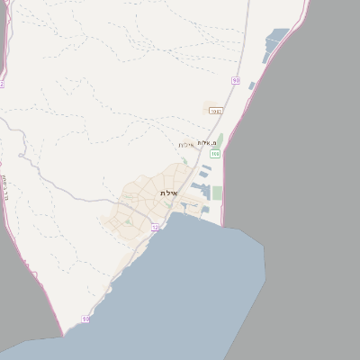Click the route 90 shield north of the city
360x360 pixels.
click(236, 80)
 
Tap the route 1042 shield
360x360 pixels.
click(215, 111)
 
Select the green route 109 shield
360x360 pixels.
click(216, 155)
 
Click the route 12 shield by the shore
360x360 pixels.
click(155, 227)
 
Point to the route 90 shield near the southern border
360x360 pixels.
click(85, 319)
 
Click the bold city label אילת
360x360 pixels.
click(168, 193)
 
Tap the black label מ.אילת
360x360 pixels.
click(208, 143)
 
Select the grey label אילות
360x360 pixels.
click(186, 145)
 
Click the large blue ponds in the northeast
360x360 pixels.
click(274, 45)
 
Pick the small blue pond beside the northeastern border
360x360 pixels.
click(252, 86)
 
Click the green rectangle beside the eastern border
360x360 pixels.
click(217, 193)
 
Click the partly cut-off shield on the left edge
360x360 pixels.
click(2, 84)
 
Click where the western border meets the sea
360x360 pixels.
click(63, 336)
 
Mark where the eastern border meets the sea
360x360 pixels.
click(222, 225)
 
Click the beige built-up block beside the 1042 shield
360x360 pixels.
click(229, 112)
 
